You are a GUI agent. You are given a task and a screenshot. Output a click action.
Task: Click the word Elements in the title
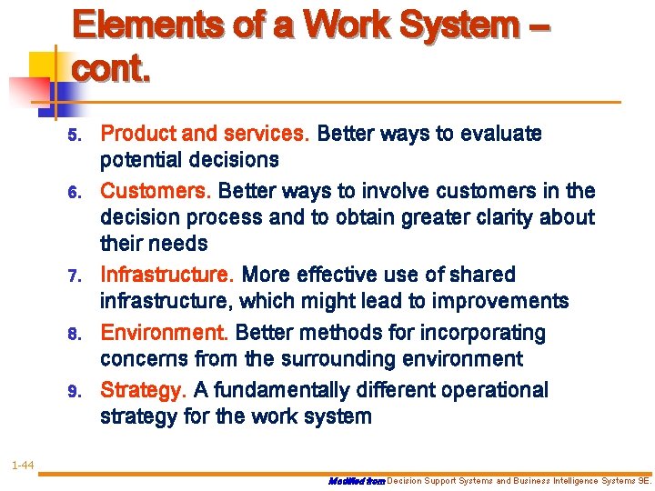[146, 25]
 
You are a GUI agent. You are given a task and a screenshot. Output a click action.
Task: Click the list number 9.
[76, 392]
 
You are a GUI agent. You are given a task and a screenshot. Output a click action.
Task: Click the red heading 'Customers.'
[156, 191]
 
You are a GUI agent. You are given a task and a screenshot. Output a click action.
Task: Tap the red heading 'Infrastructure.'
[167, 275]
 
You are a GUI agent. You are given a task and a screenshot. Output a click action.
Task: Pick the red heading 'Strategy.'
[144, 391]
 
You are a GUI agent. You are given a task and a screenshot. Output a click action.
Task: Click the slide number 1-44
[23, 466]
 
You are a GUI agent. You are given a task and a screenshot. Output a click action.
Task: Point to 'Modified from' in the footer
[356, 481]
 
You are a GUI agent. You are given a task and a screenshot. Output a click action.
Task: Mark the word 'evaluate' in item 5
[501, 135]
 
